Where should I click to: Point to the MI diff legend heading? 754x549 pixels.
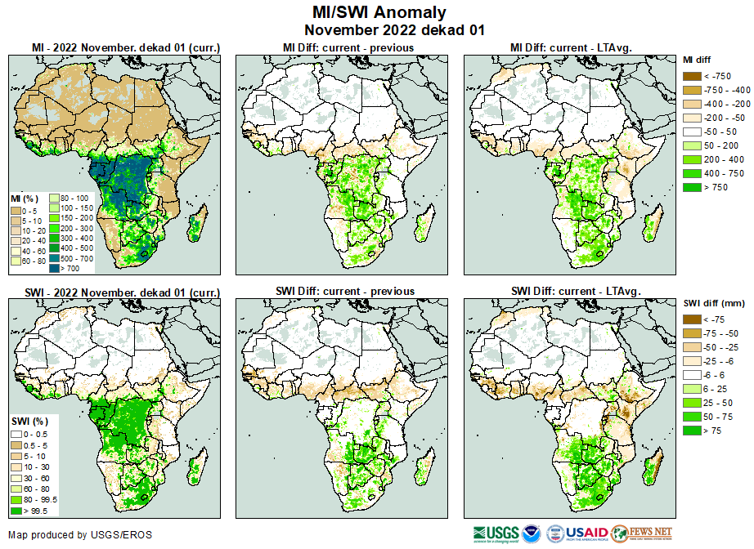[x=699, y=60]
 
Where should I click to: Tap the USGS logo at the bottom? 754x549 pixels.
[x=496, y=534]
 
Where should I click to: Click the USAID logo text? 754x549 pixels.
[x=587, y=534]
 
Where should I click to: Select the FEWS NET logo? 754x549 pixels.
[x=642, y=533]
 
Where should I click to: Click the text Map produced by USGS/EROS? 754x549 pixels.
[x=80, y=535]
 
